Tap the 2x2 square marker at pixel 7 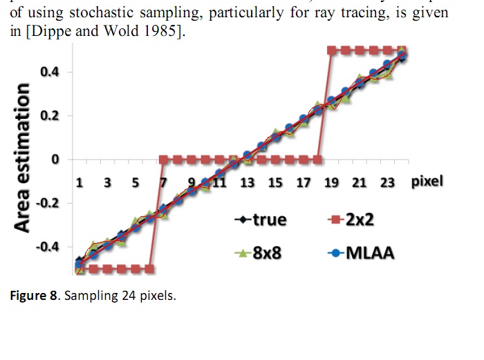[x=163, y=159]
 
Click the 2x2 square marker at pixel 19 [x=331, y=50]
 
